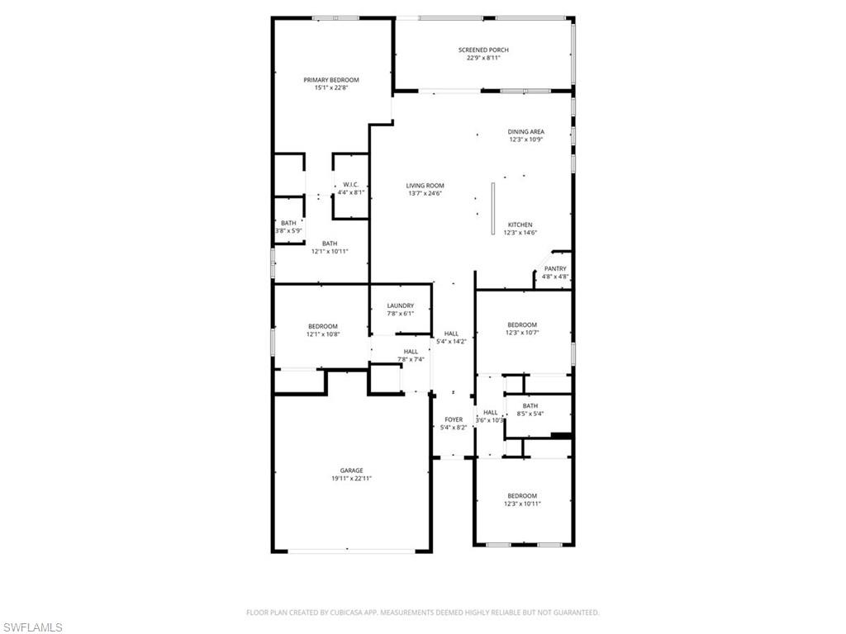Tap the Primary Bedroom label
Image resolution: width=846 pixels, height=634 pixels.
click(331, 80)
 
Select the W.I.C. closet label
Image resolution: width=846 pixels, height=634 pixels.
click(350, 184)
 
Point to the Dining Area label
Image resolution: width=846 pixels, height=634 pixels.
click(525, 132)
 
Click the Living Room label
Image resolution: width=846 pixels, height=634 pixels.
click(425, 186)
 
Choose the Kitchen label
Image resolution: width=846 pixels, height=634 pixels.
click(520, 225)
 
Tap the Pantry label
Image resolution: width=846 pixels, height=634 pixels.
click(555, 268)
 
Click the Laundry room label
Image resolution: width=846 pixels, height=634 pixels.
click(400, 305)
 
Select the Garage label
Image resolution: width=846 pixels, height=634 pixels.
click(351, 471)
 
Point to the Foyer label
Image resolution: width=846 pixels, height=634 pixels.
click(454, 419)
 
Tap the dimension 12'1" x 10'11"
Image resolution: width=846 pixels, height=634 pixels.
click(330, 251)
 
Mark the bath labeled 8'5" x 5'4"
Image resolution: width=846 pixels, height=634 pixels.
click(530, 406)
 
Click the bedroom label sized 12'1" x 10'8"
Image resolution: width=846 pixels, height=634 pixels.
click(323, 326)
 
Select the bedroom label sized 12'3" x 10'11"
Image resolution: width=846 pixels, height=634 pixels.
click(522, 496)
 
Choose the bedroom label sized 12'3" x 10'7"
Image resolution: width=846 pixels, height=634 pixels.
click(522, 325)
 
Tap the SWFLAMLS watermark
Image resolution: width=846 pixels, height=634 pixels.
click(32, 628)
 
